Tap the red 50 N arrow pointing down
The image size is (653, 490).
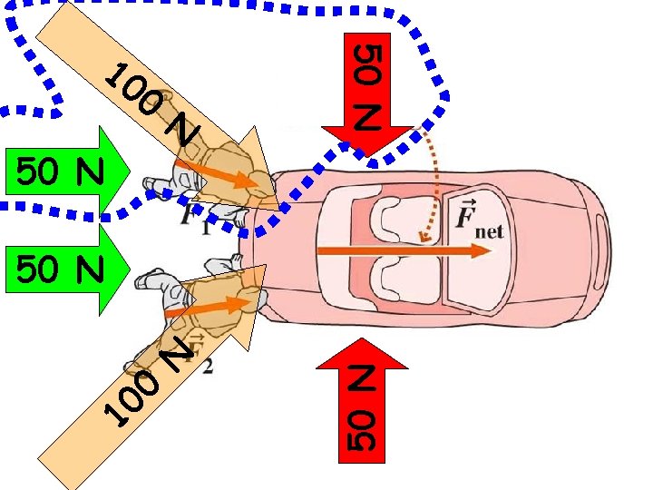pos(365,100)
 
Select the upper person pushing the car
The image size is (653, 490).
pos(213,181)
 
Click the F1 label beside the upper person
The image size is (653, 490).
pos(192,219)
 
